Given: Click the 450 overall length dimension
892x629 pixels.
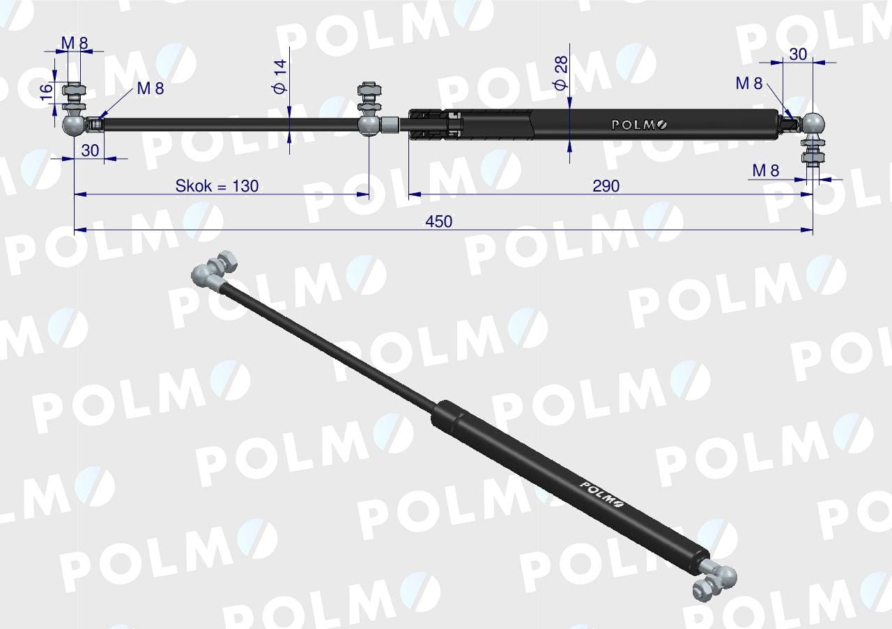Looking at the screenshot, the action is [438, 222].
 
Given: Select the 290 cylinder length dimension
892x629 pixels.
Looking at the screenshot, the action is [606, 186].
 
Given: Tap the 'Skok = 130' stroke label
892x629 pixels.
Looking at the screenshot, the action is [217, 186].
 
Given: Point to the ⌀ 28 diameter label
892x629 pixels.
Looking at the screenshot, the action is [560, 73].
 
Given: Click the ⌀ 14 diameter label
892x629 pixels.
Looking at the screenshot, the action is [280, 77].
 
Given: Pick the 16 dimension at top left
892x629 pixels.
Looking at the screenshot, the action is [46, 93].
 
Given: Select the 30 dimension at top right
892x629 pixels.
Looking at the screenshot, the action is [798, 54].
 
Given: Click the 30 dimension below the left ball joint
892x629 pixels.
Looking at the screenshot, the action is [90, 150].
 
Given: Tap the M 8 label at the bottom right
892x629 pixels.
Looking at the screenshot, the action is [765, 171].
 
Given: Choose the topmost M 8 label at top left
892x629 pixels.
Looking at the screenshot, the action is [75, 42].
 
